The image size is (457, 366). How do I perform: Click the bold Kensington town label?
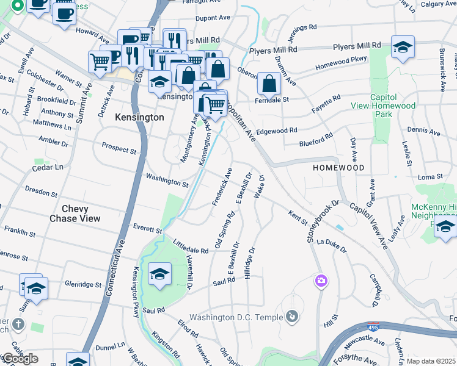pyautogui.click(x=139, y=117)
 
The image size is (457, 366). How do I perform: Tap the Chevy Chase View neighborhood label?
pyautogui.click(x=75, y=213)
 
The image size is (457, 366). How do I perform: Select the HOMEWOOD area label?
pyautogui.click(x=338, y=167)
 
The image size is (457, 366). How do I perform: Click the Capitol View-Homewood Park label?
pyautogui.click(x=393, y=106)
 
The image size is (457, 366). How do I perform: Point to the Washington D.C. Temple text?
pyautogui.click(x=236, y=317)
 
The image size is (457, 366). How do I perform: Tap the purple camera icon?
pyautogui.click(x=321, y=281)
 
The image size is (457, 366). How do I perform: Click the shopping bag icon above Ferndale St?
pyautogui.click(x=268, y=84)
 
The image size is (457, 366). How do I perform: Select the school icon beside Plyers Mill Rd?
pyautogui.click(x=403, y=48)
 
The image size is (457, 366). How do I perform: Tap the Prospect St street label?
pyautogui.click(x=119, y=149)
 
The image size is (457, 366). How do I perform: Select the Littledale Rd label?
pyautogui.click(x=191, y=246)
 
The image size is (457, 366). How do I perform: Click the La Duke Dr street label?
pyautogui.click(x=331, y=245)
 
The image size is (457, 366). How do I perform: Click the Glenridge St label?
pyautogui.click(x=83, y=284)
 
